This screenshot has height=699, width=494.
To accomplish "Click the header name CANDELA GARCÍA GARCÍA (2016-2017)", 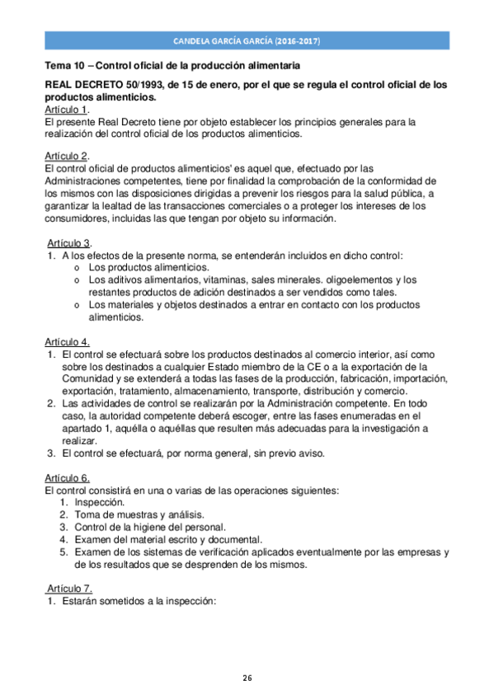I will tap(247, 40).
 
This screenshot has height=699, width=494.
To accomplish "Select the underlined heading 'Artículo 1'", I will tap(65, 109).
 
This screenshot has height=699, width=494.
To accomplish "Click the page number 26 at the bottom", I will tap(247, 678).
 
